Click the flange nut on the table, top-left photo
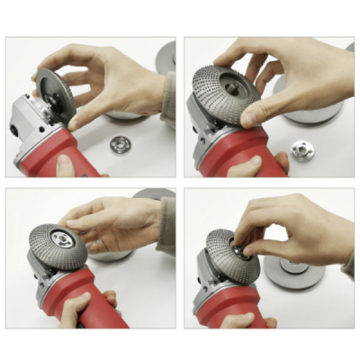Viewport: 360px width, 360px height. [120, 143]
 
